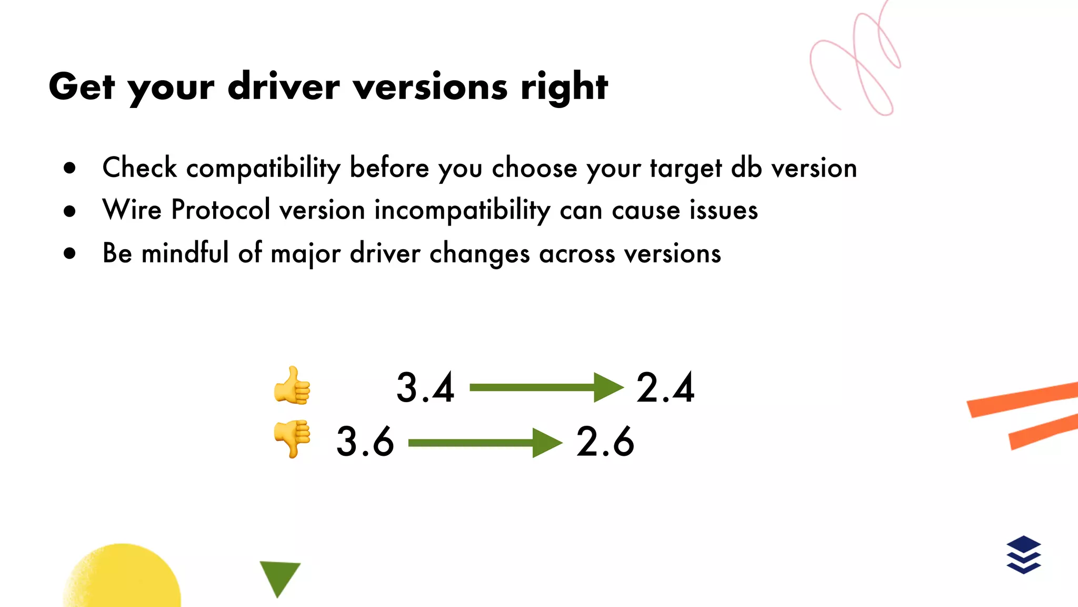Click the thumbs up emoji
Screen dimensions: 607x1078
click(293, 386)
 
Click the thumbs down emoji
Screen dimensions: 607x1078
click(293, 438)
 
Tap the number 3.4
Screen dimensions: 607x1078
click(425, 388)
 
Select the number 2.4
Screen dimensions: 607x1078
click(665, 388)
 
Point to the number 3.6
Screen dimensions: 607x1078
click(365, 442)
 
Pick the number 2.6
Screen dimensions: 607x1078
click(605, 442)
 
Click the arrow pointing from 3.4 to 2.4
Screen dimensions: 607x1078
click(546, 388)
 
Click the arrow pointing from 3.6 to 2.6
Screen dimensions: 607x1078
click(485, 443)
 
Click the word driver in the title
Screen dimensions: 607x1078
click(284, 86)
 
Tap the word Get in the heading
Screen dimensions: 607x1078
click(82, 86)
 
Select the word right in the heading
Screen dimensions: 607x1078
click(564, 87)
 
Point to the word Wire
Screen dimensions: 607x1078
click(132, 210)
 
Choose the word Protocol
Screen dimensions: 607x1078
click(221, 210)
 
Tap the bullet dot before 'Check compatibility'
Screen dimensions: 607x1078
click(69, 168)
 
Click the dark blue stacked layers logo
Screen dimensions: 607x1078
click(1023, 554)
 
